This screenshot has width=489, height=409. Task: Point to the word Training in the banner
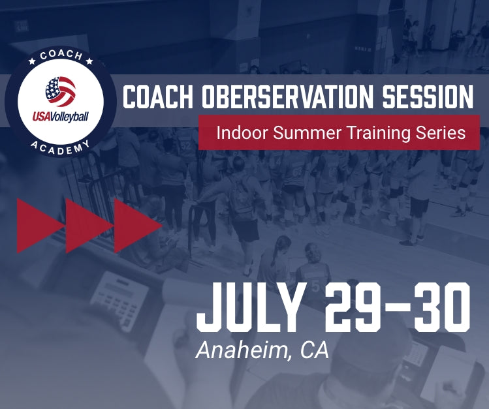373,133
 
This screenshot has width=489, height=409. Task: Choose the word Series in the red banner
442,132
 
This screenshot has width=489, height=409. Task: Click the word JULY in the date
251,307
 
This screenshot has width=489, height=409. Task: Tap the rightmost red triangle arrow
137,225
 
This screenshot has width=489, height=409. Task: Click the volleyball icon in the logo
61,93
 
